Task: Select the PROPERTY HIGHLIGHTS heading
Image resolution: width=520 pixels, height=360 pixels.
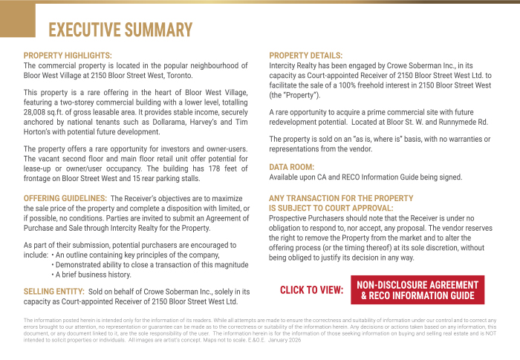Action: pyautogui.click(x=68, y=56)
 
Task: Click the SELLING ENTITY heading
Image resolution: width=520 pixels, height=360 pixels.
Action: pyautogui.click(x=54, y=292)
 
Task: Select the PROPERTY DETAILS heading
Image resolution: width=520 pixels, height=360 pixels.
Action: pyautogui.click(x=305, y=56)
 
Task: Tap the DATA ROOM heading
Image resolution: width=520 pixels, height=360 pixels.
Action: pyautogui.click(x=291, y=167)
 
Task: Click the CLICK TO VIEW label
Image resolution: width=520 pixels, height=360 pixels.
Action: pyautogui.click(x=311, y=290)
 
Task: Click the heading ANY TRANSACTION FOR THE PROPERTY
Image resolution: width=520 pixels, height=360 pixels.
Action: pyautogui.click(x=341, y=198)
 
